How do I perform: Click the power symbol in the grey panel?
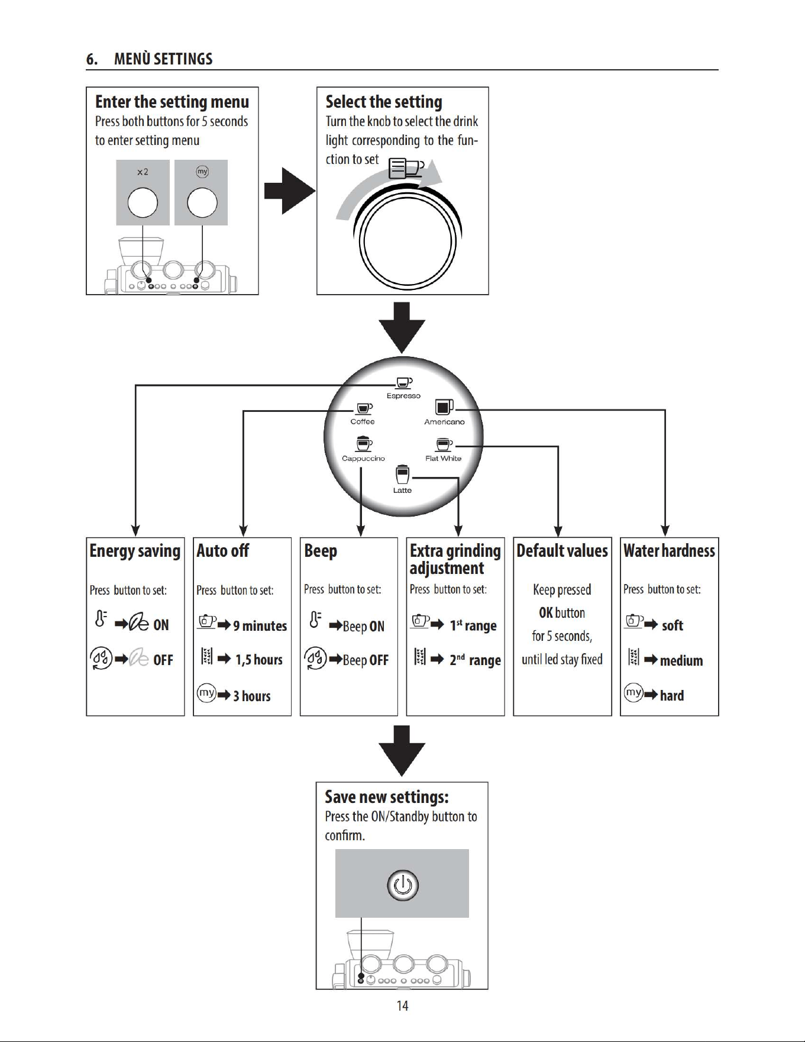tap(403, 885)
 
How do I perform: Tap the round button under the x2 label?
tap(143, 202)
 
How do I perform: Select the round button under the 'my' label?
tap(202, 202)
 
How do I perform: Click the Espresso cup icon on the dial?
tap(404, 383)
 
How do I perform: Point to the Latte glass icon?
tap(402, 475)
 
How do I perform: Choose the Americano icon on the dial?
tap(444, 407)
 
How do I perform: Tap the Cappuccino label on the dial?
tap(363, 459)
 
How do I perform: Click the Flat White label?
tap(443, 459)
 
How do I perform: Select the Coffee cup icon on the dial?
tap(363, 409)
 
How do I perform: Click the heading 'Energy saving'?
tap(135, 551)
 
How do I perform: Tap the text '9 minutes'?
tap(260, 625)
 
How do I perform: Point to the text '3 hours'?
tap(251, 696)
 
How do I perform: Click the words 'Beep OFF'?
tap(366, 660)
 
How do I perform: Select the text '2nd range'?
tap(475, 660)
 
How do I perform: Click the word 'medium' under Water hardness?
tap(681, 660)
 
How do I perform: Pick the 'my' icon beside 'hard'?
tap(633, 692)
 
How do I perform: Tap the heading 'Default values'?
tap(562, 551)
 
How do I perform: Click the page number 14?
tap(402, 1006)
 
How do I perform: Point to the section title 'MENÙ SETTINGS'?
tap(163, 59)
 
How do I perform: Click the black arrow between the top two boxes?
tap(290, 191)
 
